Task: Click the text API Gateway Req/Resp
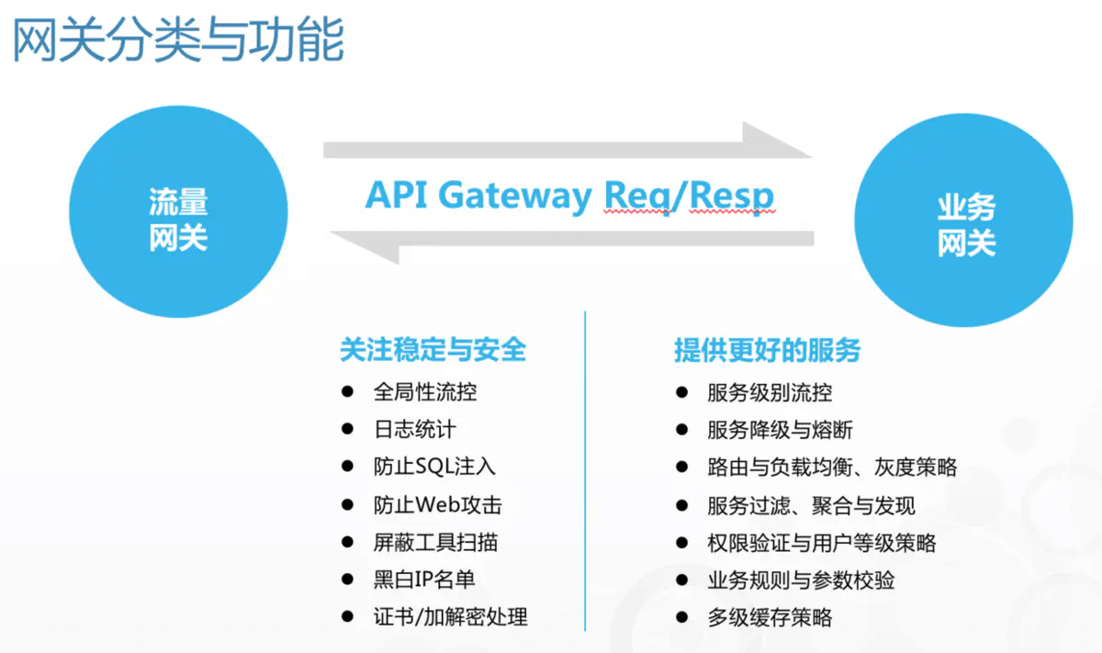tap(569, 196)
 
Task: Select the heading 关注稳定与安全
tap(433, 350)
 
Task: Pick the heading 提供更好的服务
tap(768, 350)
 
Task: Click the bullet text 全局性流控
tap(425, 392)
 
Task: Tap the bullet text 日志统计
tap(414, 429)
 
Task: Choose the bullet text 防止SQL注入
tap(434, 467)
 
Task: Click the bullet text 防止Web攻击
tap(438, 504)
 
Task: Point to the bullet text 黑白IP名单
tap(424, 580)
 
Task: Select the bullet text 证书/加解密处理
tap(450, 617)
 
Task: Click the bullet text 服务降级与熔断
tap(781, 430)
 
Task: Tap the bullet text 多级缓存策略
tap(770, 617)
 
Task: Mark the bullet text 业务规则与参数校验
tap(801, 580)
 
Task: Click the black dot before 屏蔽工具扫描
tap(347, 542)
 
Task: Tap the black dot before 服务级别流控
tap(681, 392)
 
